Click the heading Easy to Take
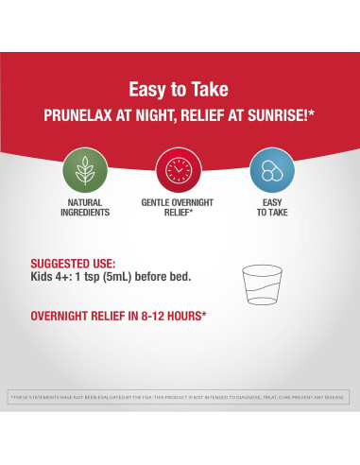click(x=180, y=91)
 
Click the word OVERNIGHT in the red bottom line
click(x=65, y=316)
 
